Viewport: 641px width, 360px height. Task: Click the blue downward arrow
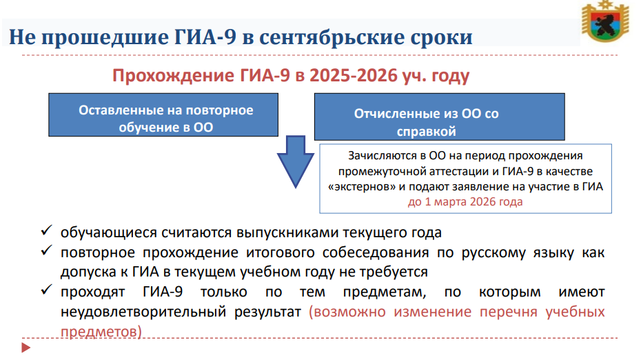[x=296, y=161]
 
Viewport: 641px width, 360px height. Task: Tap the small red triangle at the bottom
[x=26, y=348]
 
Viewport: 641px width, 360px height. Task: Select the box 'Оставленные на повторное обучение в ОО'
[x=163, y=114]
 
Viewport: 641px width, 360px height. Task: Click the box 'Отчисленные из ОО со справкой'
[x=440, y=117]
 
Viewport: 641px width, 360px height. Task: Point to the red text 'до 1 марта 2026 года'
[x=465, y=201]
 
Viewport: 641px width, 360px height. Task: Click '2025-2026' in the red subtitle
[x=353, y=75]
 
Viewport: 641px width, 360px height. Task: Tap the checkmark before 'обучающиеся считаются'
[x=47, y=230]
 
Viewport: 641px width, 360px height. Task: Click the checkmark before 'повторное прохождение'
[x=47, y=250]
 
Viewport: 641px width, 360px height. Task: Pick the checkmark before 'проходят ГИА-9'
[x=47, y=290]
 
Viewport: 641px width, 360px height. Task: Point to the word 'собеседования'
[x=375, y=252]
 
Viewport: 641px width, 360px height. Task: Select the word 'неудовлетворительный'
[x=143, y=312]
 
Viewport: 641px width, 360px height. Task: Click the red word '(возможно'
[x=347, y=312]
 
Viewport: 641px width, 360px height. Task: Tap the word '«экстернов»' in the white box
[x=362, y=186]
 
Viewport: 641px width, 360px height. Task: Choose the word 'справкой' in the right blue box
[x=426, y=132]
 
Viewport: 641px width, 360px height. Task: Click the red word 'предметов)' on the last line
[x=101, y=331]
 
